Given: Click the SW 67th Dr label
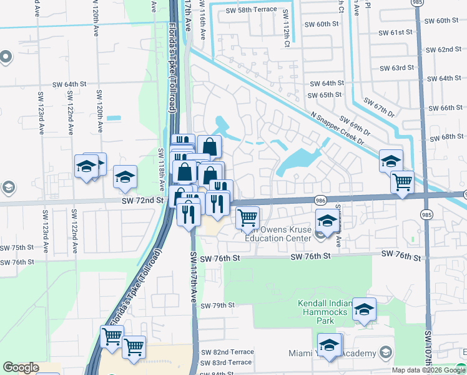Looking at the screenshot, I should point(378,107).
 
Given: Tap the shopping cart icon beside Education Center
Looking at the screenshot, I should point(248,217).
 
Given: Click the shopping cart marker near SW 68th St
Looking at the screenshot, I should point(402,182).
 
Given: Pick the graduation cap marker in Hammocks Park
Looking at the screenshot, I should point(364,309).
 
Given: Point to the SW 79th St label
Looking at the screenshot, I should point(217,306).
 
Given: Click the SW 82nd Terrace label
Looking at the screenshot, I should point(228,352).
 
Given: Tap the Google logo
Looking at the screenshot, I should point(21,367).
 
